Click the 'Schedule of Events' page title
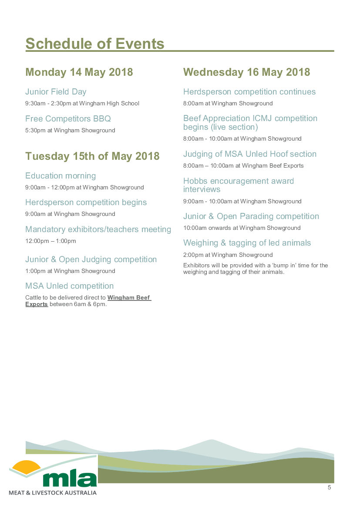pyautogui.click(x=95, y=44)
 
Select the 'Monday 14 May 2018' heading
pyautogui.click(x=79, y=72)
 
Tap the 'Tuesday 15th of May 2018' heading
pyautogui.click(x=92, y=156)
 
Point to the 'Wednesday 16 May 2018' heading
pyautogui.click(x=246, y=72)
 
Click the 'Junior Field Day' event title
pyautogui.click(x=56, y=92)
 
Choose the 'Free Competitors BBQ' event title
pyautogui.click(x=68, y=118)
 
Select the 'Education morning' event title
pyautogui.click(x=61, y=176)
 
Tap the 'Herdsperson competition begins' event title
pyautogui.click(x=86, y=202)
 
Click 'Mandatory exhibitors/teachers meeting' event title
pyautogui.click(x=98, y=229)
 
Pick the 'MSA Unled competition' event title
pyautogui.click(x=69, y=286)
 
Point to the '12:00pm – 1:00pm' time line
pyautogui.click(x=50, y=241)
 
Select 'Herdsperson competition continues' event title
pyautogui.click(x=249, y=92)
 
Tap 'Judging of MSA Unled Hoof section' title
pyautogui.click(x=249, y=154)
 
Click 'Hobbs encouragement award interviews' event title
pyautogui.click(x=238, y=185)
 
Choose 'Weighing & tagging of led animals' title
pyautogui.click(x=247, y=243)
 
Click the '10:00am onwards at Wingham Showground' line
pyautogui.click(x=242, y=228)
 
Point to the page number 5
pyautogui.click(x=329, y=488)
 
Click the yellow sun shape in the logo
pyautogui.click(x=26, y=467)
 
